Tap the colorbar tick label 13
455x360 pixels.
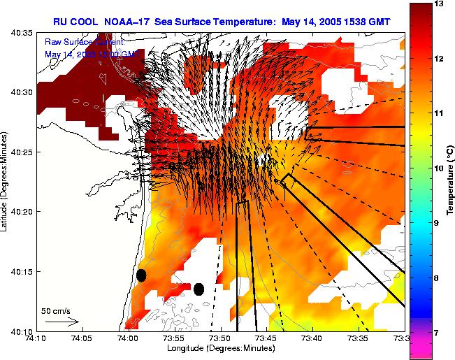pos(439,4)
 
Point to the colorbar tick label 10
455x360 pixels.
pos(439,168)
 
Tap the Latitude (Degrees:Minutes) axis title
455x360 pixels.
pos(5,181)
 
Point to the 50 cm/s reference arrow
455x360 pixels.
pos(62,322)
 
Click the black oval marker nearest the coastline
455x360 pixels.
pos(141,275)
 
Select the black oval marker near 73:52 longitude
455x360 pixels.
pos(198,289)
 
